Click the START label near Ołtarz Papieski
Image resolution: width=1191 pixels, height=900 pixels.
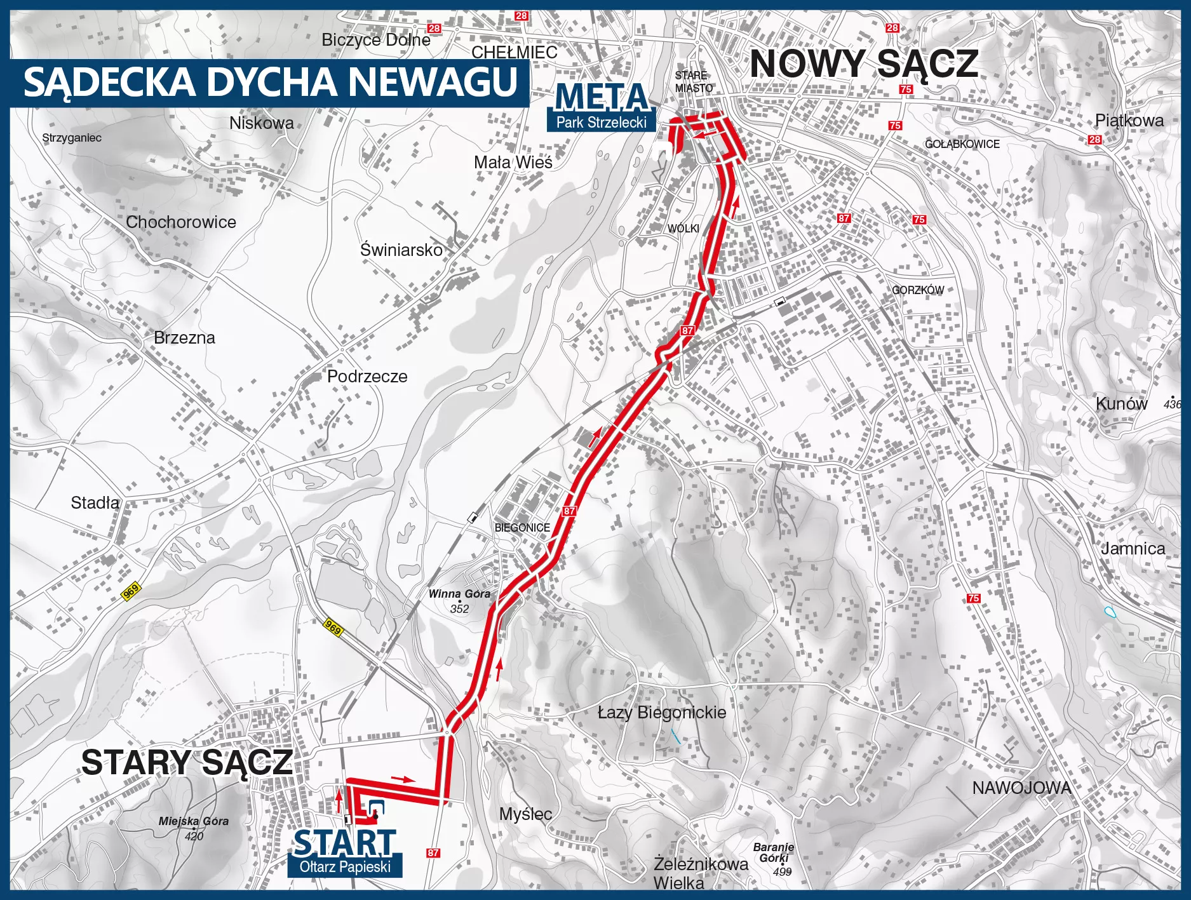point(344,842)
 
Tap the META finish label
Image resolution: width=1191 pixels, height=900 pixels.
point(602,98)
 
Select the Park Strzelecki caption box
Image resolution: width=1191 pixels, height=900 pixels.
point(601,123)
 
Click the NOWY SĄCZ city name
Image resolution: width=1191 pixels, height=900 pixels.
point(864,64)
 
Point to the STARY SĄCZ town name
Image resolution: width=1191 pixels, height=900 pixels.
point(187,762)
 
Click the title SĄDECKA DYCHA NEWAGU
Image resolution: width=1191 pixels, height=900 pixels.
point(271,82)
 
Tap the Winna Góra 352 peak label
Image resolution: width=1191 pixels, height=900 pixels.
point(459,601)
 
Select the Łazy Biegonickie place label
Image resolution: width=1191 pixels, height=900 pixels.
point(662,713)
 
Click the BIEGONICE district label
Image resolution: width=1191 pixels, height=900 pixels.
point(522,528)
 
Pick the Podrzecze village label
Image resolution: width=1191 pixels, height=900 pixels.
point(367,376)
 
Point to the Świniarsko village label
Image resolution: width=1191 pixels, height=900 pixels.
point(401,250)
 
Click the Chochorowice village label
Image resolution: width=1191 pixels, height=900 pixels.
point(181,222)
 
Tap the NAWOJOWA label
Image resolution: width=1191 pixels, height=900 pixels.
point(1021,788)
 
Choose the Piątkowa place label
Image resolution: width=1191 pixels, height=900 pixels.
point(1129,121)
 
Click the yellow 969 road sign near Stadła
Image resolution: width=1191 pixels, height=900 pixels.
point(131,592)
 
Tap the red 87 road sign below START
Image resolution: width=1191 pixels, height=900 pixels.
point(433,853)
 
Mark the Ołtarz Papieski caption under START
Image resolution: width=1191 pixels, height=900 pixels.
point(345,867)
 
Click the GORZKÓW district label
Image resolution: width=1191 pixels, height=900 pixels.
point(918,290)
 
